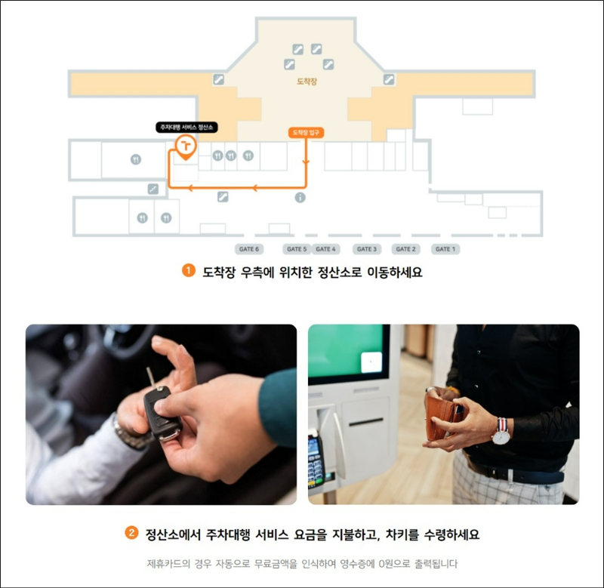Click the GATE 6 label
point(249,249)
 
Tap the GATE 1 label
point(445,249)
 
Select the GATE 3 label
point(367,249)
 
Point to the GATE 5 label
point(297,249)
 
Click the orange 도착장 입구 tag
point(306,132)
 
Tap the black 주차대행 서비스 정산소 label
point(186,127)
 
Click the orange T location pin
point(186,147)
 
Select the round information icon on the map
point(300,198)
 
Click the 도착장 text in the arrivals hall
point(307,82)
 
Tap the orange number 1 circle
point(188,270)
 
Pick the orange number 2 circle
point(131,533)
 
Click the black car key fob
point(162,413)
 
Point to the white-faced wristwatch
point(501,436)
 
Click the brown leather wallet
point(443,417)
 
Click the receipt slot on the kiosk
point(365,423)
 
